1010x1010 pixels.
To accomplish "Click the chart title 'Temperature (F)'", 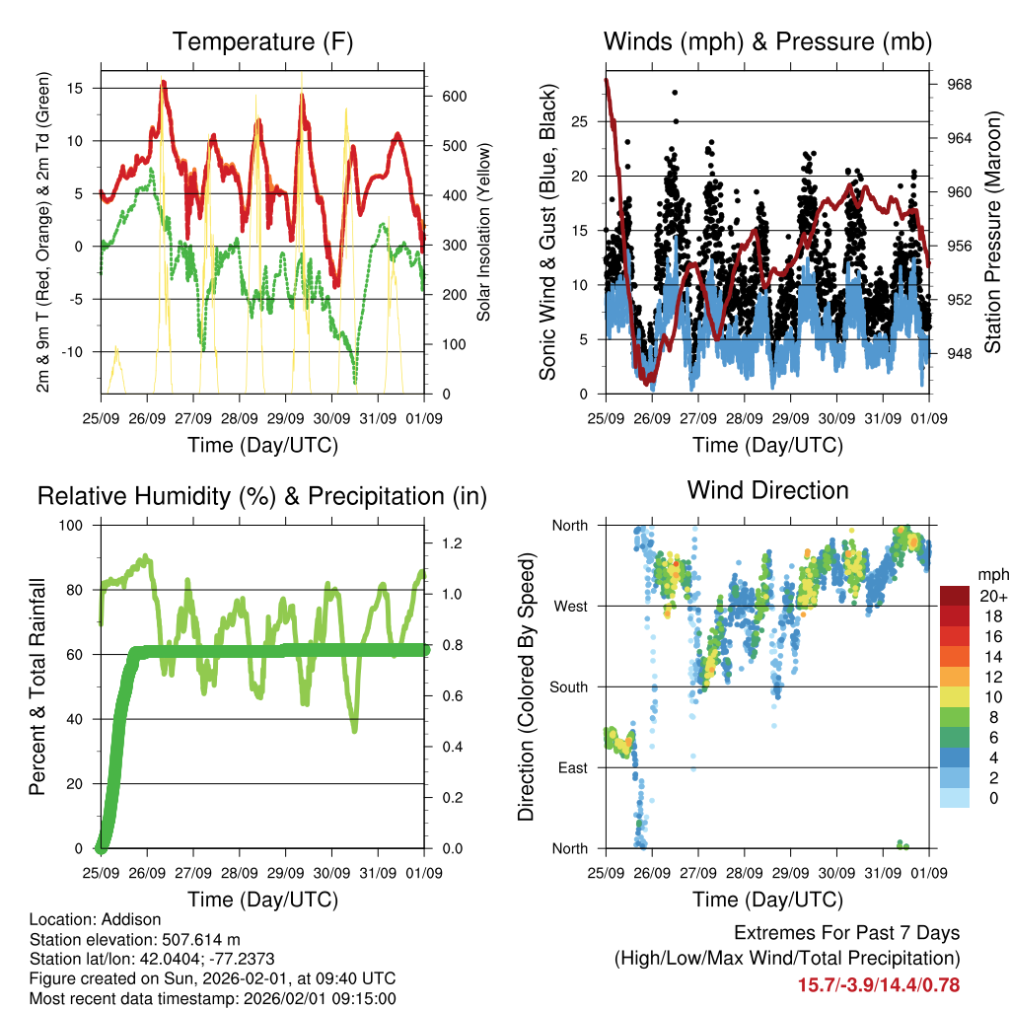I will (262, 42).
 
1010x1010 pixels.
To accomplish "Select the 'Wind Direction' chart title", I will (767, 490).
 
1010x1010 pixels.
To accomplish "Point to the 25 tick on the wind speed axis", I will (580, 121).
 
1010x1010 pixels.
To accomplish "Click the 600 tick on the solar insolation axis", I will (454, 96).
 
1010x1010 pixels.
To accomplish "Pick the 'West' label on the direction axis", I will (570, 606).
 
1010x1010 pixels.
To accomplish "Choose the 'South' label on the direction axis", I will (568, 686).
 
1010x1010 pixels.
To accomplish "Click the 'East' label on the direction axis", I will (572, 767).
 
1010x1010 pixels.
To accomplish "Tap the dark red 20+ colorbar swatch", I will (955, 596).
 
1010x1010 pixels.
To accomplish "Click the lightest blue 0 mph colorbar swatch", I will (955, 797).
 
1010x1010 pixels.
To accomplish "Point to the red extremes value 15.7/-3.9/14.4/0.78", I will (879, 984).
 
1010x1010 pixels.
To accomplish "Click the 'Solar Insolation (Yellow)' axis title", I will (484, 232).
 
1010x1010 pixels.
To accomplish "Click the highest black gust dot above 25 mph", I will (676, 93).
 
